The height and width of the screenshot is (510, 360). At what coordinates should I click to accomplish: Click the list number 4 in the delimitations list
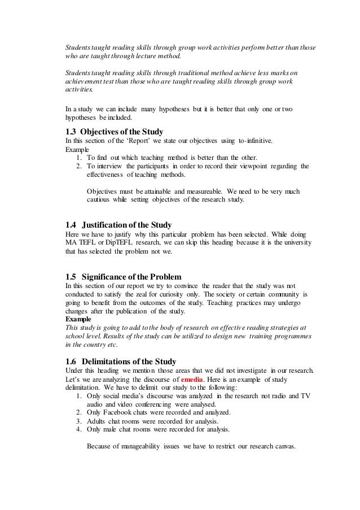[78, 429]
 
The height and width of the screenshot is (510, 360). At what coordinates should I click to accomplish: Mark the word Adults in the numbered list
[98, 421]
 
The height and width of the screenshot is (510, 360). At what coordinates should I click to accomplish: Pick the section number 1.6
[72, 361]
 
